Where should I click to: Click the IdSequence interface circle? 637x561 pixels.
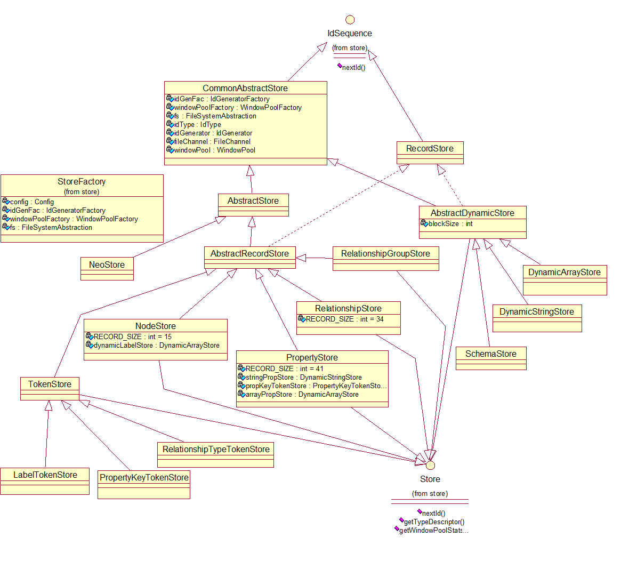click(x=350, y=20)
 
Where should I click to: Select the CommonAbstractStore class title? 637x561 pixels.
click(x=245, y=88)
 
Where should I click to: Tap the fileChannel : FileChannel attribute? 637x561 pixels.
click(x=212, y=141)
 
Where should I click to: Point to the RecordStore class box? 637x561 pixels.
click(x=430, y=153)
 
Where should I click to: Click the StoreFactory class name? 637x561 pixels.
click(x=82, y=181)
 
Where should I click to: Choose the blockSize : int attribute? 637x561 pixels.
click(x=450, y=224)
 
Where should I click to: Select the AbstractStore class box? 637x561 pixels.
click(x=253, y=205)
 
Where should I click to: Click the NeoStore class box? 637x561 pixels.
click(x=107, y=268)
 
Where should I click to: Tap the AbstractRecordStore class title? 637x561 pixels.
click(x=249, y=253)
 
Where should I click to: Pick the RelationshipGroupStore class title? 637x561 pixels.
click(x=385, y=253)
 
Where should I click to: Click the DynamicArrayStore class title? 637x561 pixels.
click(x=565, y=272)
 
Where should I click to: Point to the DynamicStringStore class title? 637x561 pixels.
click(x=537, y=311)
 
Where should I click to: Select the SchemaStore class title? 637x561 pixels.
click(x=491, y=354)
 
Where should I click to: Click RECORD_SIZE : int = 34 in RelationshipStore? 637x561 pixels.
click(x=344, y=319)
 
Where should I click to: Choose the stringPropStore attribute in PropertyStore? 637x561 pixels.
click(x=303, y=378)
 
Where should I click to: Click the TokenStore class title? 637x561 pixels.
click(x=50, y=384)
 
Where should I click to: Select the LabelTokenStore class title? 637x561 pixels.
click(x=45, y=475)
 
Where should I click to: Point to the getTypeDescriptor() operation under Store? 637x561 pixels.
click(x=434, y=522)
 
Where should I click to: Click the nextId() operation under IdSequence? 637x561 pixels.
click(x=353, y=68)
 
